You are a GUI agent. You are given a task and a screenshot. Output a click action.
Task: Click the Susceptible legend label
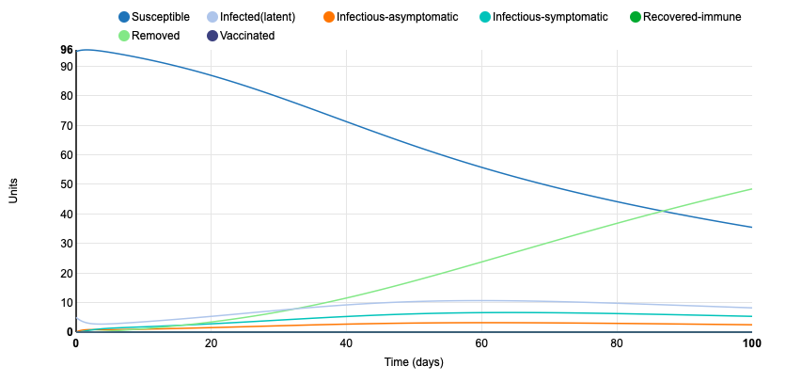pyautogui.click(x=161, y=17)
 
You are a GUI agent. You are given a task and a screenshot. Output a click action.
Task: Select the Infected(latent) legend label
pyautogui.click(x=258, y=17)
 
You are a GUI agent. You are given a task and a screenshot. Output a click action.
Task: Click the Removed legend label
pyautogui.click(x=156, y=36)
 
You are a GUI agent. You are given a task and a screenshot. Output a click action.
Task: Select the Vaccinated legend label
pyautogui.click(x=247, y=36)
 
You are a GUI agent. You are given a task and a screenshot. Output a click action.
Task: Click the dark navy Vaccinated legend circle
pyautogui.click(x=212, y=36)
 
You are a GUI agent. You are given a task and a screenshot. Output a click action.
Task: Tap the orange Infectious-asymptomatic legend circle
pyautogui.click(x=328, y=17)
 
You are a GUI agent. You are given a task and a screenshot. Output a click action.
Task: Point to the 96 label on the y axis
pyautogui.click(x=66, y=50)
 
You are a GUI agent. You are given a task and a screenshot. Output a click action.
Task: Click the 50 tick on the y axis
pyautogui.click(x=66, y=184)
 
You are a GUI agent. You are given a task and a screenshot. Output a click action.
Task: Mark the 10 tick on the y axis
pyautogui.click(x=66, y=303)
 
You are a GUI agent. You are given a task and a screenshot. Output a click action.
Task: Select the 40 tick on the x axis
pyautogui.click(x=346, y=343)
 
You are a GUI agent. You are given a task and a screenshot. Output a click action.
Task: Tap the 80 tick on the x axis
pyautogui.click(x=617, y=343)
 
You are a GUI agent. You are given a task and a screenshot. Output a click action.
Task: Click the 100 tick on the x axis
pyautogui.click(x=751, y=343)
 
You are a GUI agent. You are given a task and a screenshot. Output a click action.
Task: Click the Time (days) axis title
pyautogui.click(x=414, y=362)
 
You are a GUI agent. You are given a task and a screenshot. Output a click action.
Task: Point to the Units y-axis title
pyautogui.click(x=14, y=191)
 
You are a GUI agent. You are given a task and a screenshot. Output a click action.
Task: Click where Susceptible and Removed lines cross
pyautogui.click(x=665, y=211)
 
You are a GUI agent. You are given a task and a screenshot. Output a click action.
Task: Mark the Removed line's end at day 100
pyautogui.click(x=752, y=189)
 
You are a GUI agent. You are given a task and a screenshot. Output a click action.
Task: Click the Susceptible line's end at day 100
pyautogui.click(x=752, y=227)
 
